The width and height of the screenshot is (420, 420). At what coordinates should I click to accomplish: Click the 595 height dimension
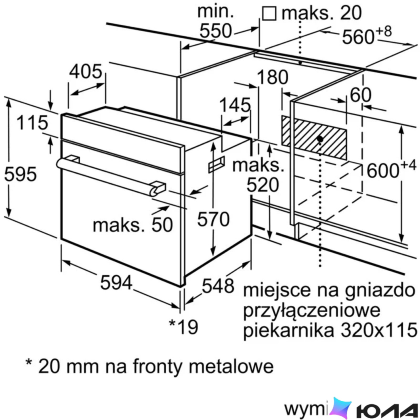click(x=21, y=174)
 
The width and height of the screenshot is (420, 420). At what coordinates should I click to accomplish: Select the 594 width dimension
click(x=116, y=282)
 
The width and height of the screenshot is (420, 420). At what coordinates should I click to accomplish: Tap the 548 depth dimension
click(x=218, y=286)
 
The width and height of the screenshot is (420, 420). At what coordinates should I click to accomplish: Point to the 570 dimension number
click(x=213, y=219)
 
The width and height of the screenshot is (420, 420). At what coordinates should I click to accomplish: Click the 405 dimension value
click(x=86, y=71)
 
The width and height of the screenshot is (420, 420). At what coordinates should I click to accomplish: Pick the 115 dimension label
click(x=32, y=123)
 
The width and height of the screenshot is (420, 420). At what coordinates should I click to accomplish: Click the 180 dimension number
click(x=272, y=77)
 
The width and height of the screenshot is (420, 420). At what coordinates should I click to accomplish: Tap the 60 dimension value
click(x=360, y=95)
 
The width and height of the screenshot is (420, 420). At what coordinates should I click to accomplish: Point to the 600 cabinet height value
click(x=383, y=171)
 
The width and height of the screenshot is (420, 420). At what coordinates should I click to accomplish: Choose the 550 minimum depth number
click(x=216, y=31)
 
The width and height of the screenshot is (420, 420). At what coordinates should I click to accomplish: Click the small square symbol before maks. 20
click(x=269, y=14)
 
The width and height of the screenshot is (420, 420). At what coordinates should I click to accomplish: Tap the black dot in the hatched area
click(x=320, y=139)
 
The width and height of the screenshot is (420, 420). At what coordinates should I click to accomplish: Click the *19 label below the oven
click(x=184, y=327)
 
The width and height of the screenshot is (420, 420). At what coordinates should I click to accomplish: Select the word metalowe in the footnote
click(x=231, y=366)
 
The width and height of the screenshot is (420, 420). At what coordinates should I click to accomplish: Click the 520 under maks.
click(x=263, y=184)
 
